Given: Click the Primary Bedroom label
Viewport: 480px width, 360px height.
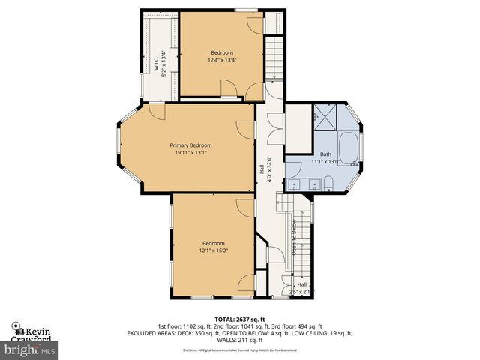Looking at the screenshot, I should [x=190, y=145].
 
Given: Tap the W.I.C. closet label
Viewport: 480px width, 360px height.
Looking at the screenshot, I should [x=158, y=58].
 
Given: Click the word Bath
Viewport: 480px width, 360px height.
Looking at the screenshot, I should [x=325, y=154].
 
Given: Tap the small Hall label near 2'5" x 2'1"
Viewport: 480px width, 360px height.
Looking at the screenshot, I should [x=301, y=284].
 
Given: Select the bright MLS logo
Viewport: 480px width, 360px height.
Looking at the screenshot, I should [x=30, y=349].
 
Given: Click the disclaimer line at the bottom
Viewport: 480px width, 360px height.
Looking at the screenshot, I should [x=240, y=350].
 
